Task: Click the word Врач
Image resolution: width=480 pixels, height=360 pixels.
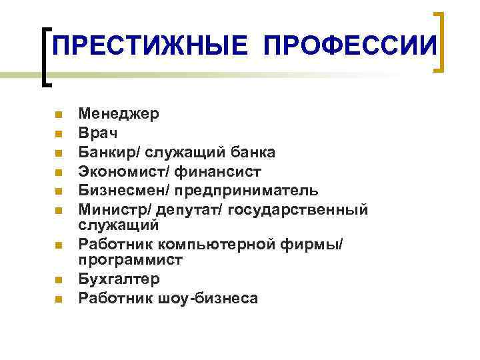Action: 97,133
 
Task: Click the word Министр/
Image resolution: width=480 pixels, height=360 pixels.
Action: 115,210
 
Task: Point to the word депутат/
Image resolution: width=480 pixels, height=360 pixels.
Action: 190,210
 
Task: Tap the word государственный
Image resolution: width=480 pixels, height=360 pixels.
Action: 298,210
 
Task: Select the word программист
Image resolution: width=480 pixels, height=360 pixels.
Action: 131,259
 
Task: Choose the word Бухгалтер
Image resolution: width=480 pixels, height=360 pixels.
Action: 119,279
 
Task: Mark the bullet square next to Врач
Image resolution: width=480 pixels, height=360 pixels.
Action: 59,134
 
